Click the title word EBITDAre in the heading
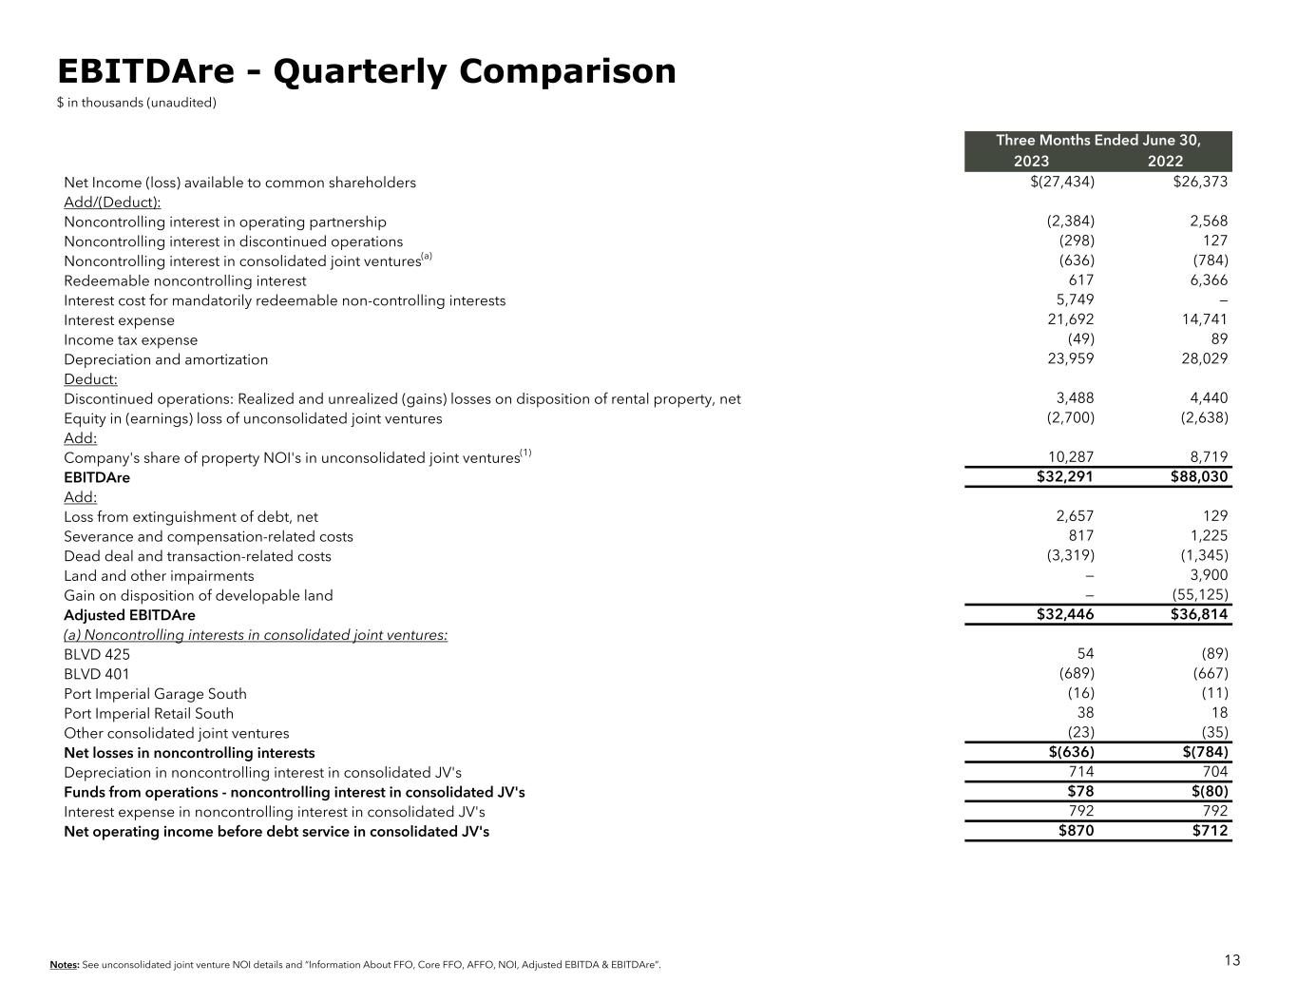point(142,72)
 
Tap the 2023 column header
point(1031,161)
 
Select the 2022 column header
point(1165,161)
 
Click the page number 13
point(1231,960)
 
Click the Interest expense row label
point(119,320)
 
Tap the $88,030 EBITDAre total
point(1199,477)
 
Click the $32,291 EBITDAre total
point(1065,477)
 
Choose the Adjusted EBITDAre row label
point(129,615)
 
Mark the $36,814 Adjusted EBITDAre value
point(1199,614)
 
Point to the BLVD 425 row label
point(97,654)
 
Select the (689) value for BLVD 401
point(1077,673)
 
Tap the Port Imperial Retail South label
point(148,714)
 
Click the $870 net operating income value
point(1075,831)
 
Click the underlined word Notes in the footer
point(64,966)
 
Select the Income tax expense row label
point(131,340)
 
